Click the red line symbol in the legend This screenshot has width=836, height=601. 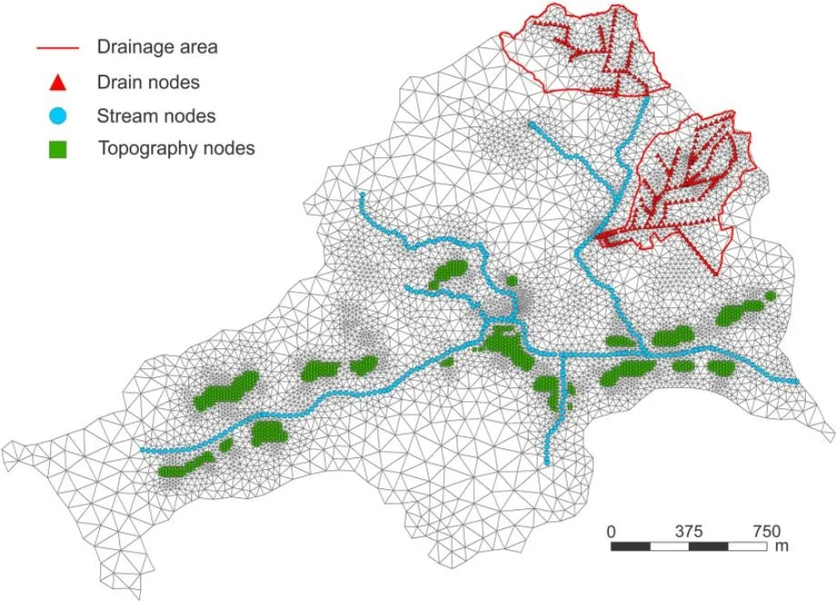click(x=55, y=46)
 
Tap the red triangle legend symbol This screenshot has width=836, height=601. click(x=55, y=83)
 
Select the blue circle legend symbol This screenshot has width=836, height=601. click(x=55, y=115)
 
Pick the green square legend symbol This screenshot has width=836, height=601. click(x=55, y=148)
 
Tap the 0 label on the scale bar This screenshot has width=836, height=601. click(x=612, y=531)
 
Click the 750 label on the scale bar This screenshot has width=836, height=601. click(x=765, y=531)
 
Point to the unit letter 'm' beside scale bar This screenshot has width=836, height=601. click(x=781, y=548)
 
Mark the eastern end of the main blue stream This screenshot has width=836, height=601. click(x=797, y=382)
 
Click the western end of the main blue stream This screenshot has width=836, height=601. click(x=142, y=450)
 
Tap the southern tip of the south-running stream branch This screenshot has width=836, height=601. click(x=547, y=464)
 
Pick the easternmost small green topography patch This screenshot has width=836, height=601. click(x=771, y=295)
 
